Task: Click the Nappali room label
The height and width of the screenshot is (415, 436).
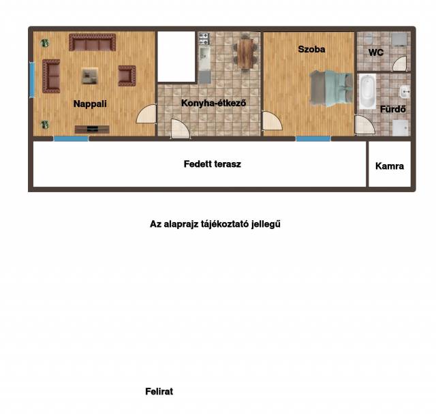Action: pos(90,104)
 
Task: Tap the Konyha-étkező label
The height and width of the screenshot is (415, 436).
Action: pos(213,103)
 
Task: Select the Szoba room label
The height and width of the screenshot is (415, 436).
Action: pos(311,49)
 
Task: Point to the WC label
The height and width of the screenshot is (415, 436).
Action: pos(376,52)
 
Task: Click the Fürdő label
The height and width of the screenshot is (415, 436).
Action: pos(392,109)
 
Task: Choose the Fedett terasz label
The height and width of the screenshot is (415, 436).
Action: pos(212,164)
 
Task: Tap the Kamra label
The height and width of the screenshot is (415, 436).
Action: pos(389,166)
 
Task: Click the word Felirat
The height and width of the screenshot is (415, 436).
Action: pos(159,391)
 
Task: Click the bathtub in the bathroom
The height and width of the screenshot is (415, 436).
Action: pos(367,91)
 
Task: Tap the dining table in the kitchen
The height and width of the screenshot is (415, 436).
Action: pos(245,53)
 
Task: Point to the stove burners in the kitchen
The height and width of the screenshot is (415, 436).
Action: pos(204,39)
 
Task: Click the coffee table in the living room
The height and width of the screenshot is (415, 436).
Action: pos(90,76)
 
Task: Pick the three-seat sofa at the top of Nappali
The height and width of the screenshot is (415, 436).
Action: pos(93,42)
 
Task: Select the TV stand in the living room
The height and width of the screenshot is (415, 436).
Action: pos(92,129)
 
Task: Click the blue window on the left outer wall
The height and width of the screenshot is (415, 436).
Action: pos(32,80)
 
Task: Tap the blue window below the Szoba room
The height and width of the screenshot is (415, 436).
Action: pos(313,138)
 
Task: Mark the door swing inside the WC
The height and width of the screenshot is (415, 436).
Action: pos(400,63)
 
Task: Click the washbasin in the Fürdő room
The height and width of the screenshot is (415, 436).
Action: pos(405,91)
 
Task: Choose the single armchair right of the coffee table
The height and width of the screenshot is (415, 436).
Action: pos(127,76)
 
